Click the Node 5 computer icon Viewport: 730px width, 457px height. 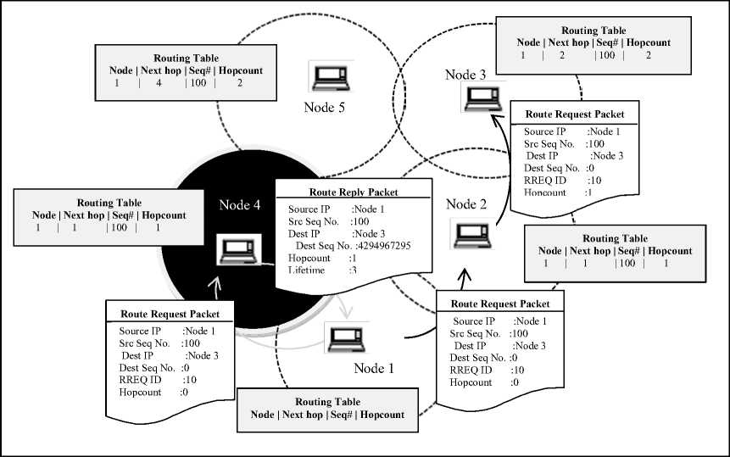tap(327, 78)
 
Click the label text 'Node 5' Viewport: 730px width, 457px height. tap(327, 108)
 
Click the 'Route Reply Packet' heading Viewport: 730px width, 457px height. tap(348, 192)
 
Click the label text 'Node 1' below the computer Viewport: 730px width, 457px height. tap(374, 369)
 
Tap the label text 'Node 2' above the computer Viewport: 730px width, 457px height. tap(466, 204)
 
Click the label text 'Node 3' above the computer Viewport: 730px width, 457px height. tap(465, 75)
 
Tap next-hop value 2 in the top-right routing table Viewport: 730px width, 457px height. tap(560, 55)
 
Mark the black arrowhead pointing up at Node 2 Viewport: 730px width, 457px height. tap(465, 276)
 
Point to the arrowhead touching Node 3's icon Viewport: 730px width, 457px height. tap(493, 121)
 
